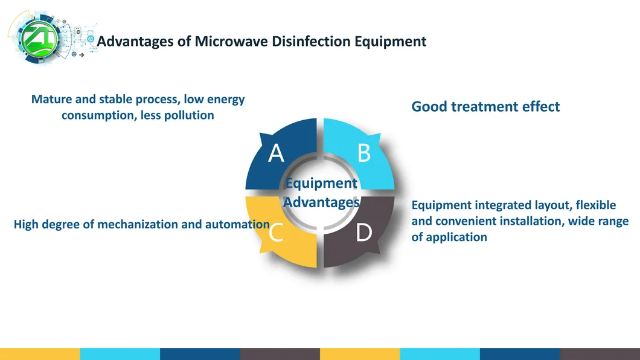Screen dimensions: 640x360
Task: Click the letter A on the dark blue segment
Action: pyautogui.click(x=276, y=153)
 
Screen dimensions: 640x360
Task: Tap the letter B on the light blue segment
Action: pyautogui.click(x=364, y=153)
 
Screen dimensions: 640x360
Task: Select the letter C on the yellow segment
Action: pyautogui.click(x=276, y=233)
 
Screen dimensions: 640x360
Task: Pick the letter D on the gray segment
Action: pyautogui.click(x=364, y=233)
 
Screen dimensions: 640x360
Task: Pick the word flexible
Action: pyautogui.click(x=596, y=205)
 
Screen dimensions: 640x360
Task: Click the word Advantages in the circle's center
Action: pyautogui.click(x=322, y=202)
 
